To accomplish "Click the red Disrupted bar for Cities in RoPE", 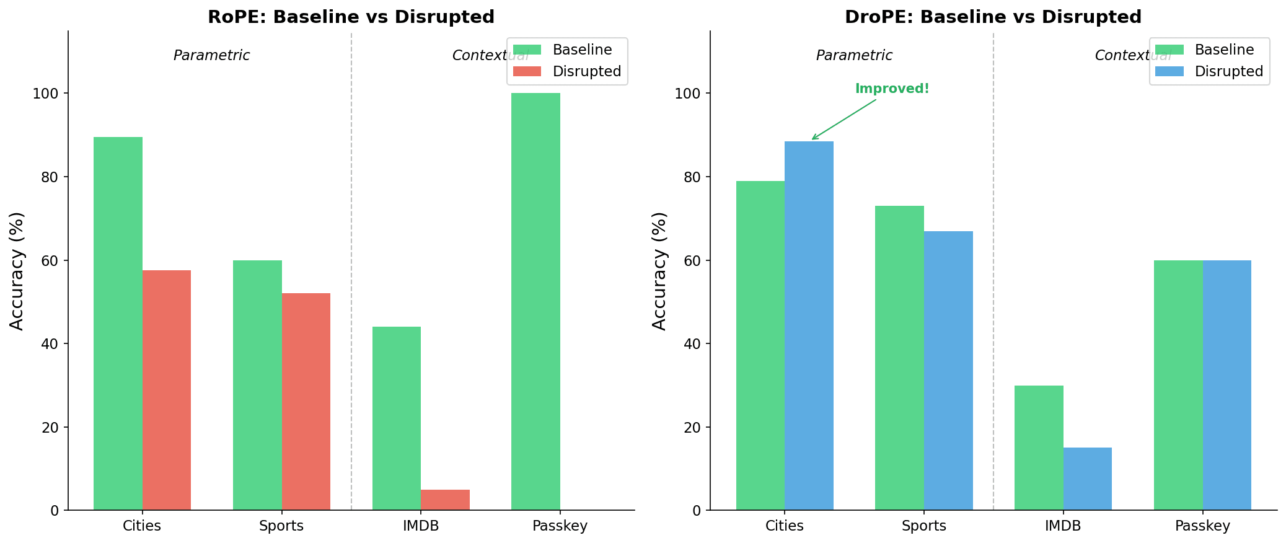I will (166, 391).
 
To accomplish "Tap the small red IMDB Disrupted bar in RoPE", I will (445, 500).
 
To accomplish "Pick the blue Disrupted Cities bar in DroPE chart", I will (809, 326).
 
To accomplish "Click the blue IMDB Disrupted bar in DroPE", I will (1087, 479).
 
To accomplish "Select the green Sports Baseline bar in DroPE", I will (899, 358).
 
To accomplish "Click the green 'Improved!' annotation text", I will (892, 89).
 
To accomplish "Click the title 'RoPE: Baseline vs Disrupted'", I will (351, 17).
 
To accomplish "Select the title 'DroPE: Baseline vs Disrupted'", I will (993, 17).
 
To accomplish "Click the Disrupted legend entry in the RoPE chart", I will (586, 71).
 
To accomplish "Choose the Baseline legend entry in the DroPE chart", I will (1223, 50).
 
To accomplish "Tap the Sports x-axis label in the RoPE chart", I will (281, 526).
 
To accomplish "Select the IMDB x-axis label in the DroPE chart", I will (1063, 526).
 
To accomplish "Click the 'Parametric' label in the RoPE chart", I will (211, 56).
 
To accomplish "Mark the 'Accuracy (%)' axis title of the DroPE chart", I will (659, 271).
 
